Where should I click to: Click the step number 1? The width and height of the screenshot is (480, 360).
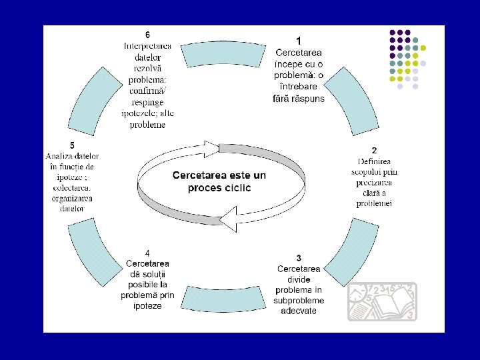click(x=299, y=41)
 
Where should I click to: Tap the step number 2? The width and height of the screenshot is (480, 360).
click(x=374, y=151)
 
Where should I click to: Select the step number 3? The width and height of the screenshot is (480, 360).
click(x=299, y=258)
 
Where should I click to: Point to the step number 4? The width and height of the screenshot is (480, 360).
click(x=147, y=253)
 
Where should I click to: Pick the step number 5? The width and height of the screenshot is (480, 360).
click(x=72, y=145)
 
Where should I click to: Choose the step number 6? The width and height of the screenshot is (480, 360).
click(x=147, y=35)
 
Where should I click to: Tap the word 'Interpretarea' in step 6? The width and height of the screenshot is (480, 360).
click(x=147, y=45)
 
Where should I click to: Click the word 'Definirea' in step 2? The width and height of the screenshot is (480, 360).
click(x=374, y=161)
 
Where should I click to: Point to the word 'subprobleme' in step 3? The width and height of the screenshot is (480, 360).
click(x=299, y=301)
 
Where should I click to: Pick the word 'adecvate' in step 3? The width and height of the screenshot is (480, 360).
click(x=299, y=311)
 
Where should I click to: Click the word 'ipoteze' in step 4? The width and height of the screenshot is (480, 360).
click(x=147, y=306)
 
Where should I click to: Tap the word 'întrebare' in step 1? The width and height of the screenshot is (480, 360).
click(x=299, y=87)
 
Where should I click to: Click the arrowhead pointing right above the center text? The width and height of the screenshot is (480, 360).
click(x=212, y=146)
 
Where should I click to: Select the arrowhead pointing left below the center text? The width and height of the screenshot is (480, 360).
click(x=229, y=218)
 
